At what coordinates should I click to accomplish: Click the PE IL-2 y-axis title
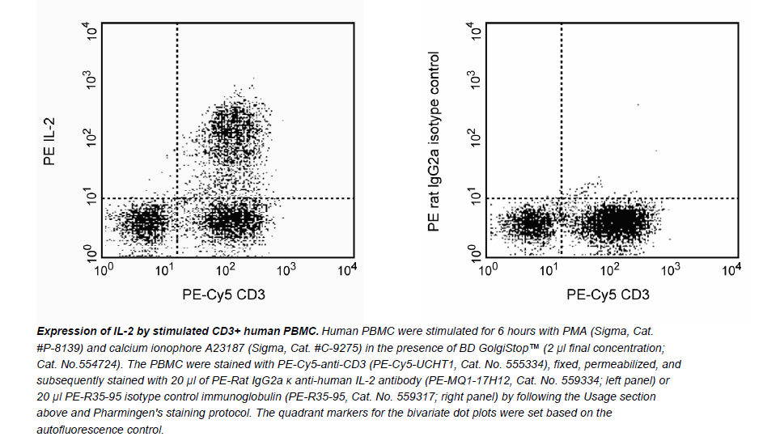tap(49, 142)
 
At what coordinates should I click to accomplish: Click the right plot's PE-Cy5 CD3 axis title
tap(608, 295)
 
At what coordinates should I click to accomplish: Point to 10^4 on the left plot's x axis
tap(348, 268)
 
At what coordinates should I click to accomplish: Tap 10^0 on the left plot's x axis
tap(104, 268)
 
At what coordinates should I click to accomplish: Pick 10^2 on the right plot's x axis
tap(610, 268)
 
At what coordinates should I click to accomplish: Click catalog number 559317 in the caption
tap(462, 396)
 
